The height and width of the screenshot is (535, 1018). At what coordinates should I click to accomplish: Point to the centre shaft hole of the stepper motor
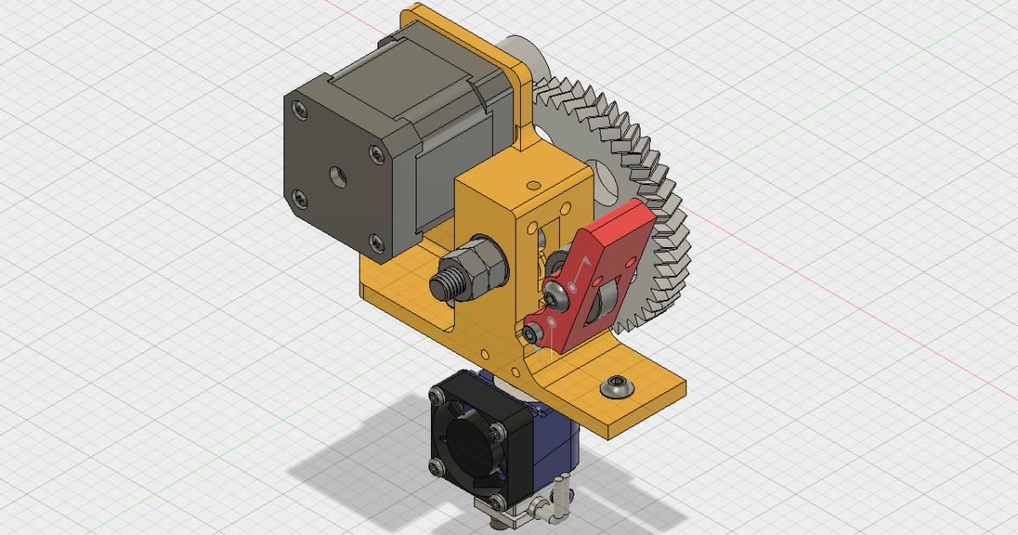338,177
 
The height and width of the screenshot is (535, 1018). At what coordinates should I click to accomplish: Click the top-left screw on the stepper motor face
298,108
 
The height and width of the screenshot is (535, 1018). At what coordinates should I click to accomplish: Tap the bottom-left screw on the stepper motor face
299,199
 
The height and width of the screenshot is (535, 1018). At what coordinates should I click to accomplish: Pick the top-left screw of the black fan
438,393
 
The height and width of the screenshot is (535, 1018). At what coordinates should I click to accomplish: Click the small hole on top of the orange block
533,183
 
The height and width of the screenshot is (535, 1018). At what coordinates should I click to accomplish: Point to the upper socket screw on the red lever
557,296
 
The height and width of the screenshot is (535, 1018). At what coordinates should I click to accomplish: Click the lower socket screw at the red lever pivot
532,333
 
